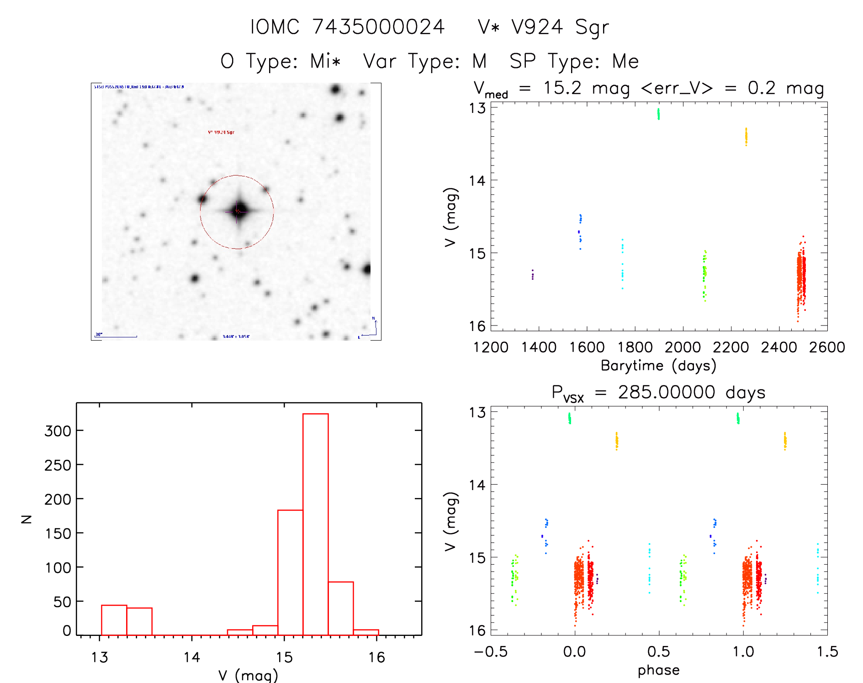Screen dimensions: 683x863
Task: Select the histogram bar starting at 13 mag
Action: [x=114, y=620]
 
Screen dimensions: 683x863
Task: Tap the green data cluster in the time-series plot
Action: [x=658, y=114]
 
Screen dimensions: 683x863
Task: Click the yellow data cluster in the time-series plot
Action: [x=746, y=136]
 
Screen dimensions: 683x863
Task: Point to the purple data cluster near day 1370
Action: [x=533, y=274]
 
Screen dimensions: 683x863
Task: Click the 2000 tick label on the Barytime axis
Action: [x=683, y=347]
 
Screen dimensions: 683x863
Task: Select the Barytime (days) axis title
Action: [x=658, y=366]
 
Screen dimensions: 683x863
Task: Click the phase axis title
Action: [x=658, y=670]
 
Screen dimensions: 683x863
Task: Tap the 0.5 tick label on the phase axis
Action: [x=658, y=651]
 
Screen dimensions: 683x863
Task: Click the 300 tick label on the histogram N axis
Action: [x=58, y=431]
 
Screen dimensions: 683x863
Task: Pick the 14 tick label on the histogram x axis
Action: [x=191, y=657]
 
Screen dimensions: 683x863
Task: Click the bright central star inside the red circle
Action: [x=238, y=211]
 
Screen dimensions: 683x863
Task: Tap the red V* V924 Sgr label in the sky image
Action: [x=221, y=132]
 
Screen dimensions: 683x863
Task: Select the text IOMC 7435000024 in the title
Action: [x=347, y=27]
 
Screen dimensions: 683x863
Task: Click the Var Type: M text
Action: [x=425, y=61]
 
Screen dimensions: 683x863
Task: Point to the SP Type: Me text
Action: [x=574, y=61]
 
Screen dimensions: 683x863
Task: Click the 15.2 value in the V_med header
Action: [x=562, y=88]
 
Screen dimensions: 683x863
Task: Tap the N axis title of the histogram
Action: [x=26, y=519]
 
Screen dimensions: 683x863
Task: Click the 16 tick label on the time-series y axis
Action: [x=477, y=326]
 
